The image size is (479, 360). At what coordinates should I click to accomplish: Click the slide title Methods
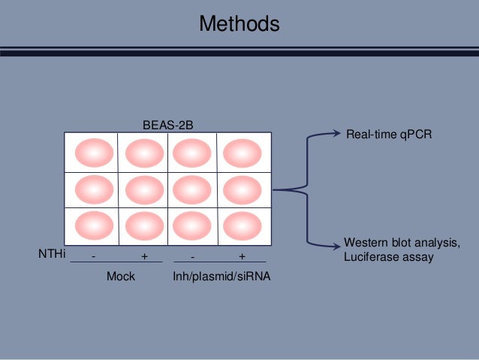(x=239, y=24)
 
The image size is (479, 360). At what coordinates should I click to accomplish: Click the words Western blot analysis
(x=401, y=243)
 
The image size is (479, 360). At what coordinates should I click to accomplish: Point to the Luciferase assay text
(x=389, y=257)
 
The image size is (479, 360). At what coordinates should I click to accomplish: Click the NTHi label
(x=52, y=255)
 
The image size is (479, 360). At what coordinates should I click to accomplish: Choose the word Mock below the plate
(x=121, y=277)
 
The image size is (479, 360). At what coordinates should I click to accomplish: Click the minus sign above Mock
(x=94, y=256)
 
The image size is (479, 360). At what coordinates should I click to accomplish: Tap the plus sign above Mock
(x=144, y=256)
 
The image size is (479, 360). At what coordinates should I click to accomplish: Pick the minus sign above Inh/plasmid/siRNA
(x=193, y=256)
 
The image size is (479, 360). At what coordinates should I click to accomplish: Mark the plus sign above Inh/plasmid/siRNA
(x=242, y=256)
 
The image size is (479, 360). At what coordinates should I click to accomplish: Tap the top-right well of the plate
(x=242, y=153)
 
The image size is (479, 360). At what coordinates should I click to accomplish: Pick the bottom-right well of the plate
(x=242, y=225)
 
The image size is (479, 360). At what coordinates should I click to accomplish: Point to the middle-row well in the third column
(x=192, y=189)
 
